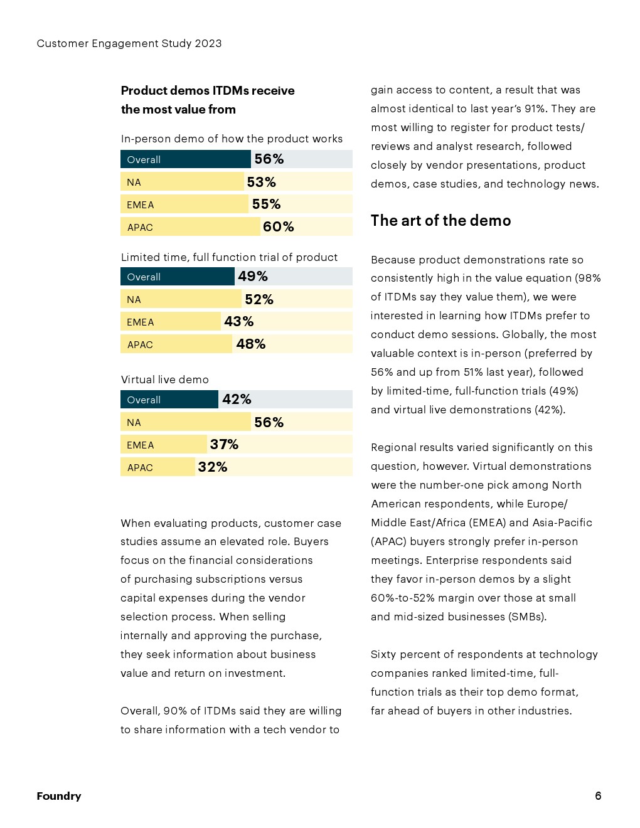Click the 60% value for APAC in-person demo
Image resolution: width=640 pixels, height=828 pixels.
coord(278,227)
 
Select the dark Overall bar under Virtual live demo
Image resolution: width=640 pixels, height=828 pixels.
coord(169,400)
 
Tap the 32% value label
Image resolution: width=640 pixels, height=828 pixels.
coord(212,467)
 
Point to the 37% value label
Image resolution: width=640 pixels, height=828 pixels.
coord(224,445)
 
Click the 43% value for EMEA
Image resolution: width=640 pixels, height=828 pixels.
coord(238,322)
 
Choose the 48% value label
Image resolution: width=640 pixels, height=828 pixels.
coord(250,344)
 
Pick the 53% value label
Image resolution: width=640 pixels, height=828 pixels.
coord(261,183)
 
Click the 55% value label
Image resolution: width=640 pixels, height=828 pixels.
coord(266,204)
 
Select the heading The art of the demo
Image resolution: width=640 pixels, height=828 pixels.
coord(440,221)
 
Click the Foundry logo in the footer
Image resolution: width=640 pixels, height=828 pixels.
coord(59,796)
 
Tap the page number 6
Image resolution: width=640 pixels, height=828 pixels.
coord(598,796)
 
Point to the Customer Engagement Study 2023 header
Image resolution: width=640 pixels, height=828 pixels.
coord(129,43)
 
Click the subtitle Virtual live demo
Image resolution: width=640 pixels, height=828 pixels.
coord(165,379)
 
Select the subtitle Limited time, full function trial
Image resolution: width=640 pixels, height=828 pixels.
coord(229,257)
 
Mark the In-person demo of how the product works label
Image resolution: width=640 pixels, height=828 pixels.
coord(232,139)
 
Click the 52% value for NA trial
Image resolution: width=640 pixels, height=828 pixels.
coord(259,300)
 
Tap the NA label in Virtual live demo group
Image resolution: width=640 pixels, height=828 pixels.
coord(134,423)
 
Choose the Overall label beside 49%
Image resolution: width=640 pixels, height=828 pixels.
coord(144,277)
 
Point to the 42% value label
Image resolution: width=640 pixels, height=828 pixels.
coord(237,400)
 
